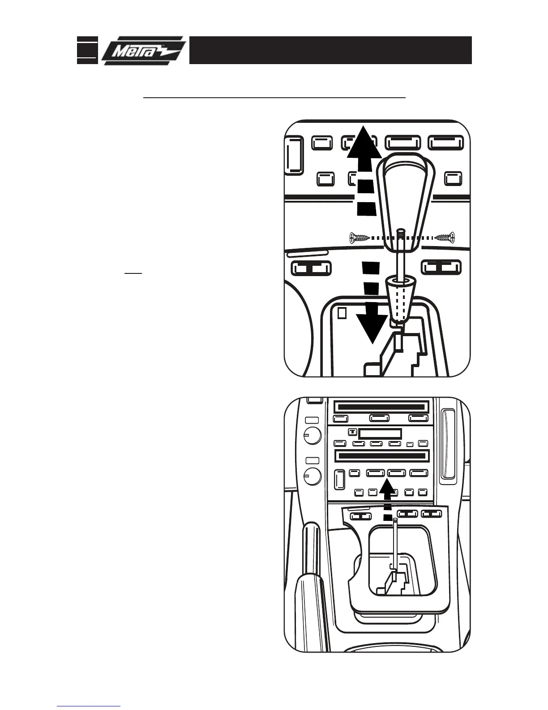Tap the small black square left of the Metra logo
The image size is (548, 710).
tap(87, 50)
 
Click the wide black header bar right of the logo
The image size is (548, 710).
tap(330, 50)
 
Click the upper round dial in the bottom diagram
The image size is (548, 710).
tap(313, 435)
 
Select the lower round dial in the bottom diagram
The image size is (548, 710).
tap(313, 476)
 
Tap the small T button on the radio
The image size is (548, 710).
tap(352, 433)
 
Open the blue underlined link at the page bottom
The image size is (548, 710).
tap(89, 706)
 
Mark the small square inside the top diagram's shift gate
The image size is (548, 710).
tap(342, 312)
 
